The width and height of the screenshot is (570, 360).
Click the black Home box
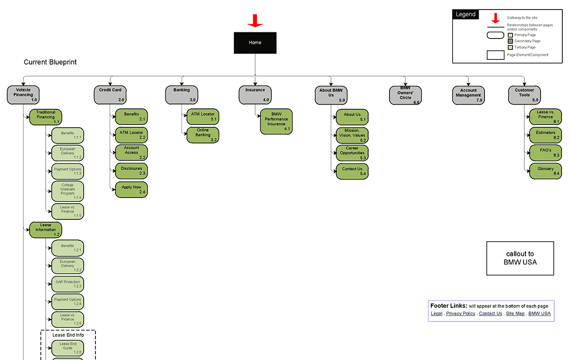(255, 43)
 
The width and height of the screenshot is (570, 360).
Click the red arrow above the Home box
(255, 20)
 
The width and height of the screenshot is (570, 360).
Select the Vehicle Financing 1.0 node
(23, 95)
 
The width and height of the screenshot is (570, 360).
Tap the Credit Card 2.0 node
(110, 95)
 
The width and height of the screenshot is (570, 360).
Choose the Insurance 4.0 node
(255, 95)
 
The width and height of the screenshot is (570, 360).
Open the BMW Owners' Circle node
(405, 95)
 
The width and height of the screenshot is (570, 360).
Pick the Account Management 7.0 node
(468, 95)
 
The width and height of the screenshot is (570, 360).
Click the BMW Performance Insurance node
(276, 121)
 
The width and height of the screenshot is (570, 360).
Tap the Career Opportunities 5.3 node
(352, 153)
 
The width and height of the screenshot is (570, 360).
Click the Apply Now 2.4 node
(131, 189)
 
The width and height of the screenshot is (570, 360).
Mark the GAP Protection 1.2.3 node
(67, 284)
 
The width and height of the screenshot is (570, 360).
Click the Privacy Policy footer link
(460, 313)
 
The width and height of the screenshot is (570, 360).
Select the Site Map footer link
(515, 313)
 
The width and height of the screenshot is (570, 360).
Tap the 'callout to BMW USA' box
(520, 258)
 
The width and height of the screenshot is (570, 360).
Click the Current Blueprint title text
(50, 62)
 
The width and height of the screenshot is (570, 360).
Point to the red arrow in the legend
(495, 19)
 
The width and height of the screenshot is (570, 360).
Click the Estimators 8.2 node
(545, 135)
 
